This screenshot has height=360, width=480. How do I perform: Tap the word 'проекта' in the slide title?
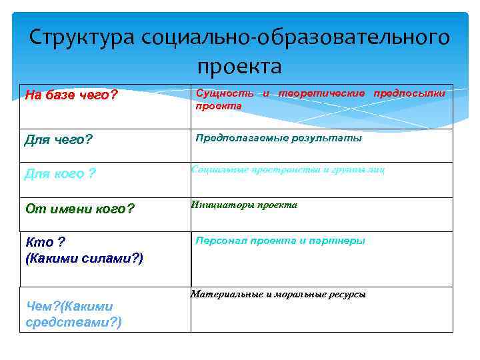[x=239, y=67]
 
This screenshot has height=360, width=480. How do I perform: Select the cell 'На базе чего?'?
[x=71, y=95]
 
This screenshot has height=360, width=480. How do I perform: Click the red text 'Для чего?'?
[x=58, y=141]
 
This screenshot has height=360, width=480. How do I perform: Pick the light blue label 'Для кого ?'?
[x=60, y=175]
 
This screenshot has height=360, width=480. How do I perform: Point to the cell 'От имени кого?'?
[x=79, y=209]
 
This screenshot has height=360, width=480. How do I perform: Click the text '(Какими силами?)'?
[x=84, y=257]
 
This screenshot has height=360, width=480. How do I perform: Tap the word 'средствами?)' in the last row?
[x=73, y=323]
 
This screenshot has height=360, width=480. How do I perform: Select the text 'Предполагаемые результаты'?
[x=278, y=138]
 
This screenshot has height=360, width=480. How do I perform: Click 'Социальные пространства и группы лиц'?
[x=288, y=170]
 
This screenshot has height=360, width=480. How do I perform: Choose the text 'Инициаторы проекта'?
[x=244, y=205]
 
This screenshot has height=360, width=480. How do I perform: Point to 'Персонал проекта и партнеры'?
[x=280, y=241]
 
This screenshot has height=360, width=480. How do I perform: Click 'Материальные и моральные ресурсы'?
[x=278, y=294]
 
